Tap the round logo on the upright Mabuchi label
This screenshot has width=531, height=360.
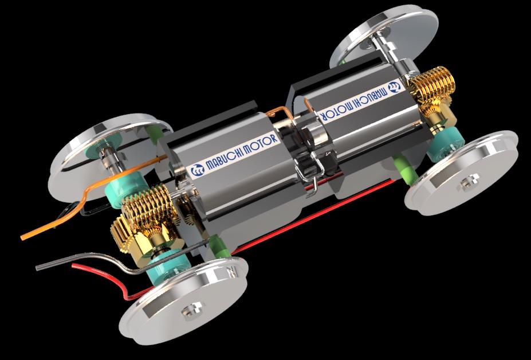point(196,170)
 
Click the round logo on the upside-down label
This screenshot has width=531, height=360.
point(394,87)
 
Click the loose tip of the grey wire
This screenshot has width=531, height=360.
point(37,268)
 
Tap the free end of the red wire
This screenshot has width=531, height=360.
point(73,266)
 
